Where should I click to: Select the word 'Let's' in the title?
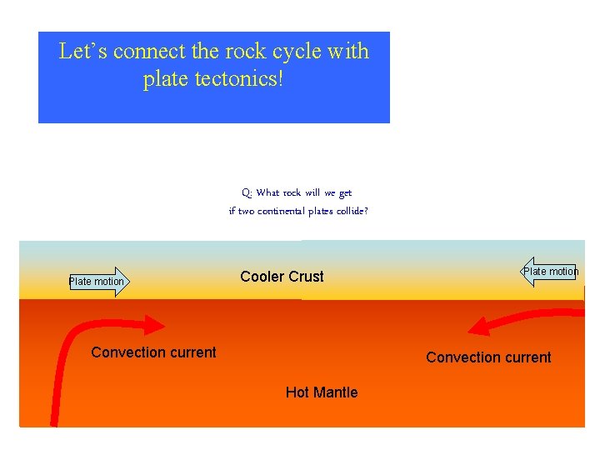pyautogui.click(x=83, y=52)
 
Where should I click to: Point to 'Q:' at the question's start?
pyautogui.click(x=247, y=193)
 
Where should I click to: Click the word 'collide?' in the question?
pyautogui.click(x=352, y=212)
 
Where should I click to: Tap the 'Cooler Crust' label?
pyautogui.click(x=282, y=277)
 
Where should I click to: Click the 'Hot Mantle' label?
pyautogui.click(x=321, y=392)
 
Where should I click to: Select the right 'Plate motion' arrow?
pyautogui.click(x=550, y=272)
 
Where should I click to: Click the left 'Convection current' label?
pyautogui.click(x=153, y=352)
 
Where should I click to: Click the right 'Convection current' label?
pyautogui.click(x=488, y=357)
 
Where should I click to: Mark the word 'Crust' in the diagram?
pyautogui.click(x=305, y=277)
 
